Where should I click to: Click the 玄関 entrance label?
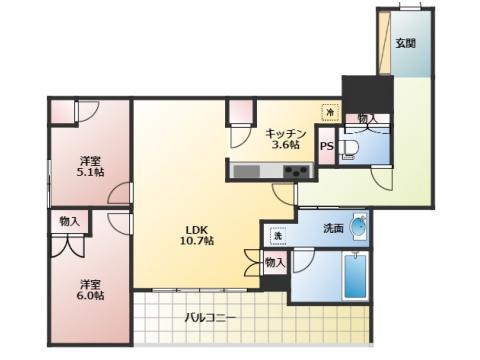pyautogui.click(x=405, y=43)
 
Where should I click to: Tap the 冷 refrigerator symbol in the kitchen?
pyautogui.click(x=330, y=113)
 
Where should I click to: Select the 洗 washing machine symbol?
pyautogui.click(x=278, y=236)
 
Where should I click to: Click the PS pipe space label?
pyautogui.click(x=327, y=146)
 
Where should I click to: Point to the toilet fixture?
pyautogui.click(x=349, y=148)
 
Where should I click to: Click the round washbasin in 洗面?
pyautogui.click(x=358, y=227)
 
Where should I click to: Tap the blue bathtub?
pyautogui.click(x=355, y=276)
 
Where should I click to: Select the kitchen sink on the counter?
pyautogui.click(x=247, y=171)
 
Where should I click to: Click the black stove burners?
pyautogui.click(x=296, y=172)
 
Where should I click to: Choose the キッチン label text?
pyautogui.click(x=286, y=134)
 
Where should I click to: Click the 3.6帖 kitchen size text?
pyautogui.click(x=286, y=145)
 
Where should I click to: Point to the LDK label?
pyautogui.click(x=197, y=230)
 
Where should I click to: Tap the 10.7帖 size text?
pyautogui.click(x=197, y=240)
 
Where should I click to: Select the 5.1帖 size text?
pyautogui.click(x=90, y=172)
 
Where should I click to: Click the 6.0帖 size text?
pyautogui.click(x=90, y=295)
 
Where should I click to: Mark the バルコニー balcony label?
pyautogui.click(x=211, y=318)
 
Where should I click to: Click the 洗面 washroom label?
pyautogui.click(x=333, y=228)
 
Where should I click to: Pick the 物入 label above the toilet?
pyautogui.click(x=368, y=118)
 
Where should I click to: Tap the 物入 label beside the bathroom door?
pyautogui.click(x=275, y=263)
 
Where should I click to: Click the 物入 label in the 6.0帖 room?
pyautogui.click(x=70, y=221)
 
